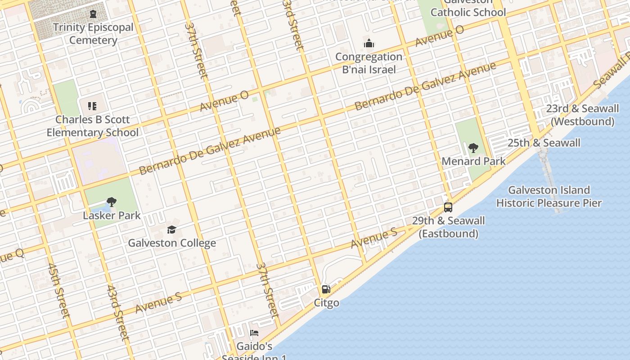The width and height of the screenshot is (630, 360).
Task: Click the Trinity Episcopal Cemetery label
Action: coord(93,34)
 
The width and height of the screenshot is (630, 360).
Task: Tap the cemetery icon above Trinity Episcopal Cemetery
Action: coord(93,14)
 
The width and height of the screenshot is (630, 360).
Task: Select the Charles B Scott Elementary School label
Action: coord(93,126)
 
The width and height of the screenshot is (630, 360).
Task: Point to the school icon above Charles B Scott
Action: coord(92,106)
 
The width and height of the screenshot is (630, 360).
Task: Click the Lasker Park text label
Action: coord(112,216)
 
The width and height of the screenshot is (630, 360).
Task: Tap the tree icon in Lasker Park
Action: coord(111,202)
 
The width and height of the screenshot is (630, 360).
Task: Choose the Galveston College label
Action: coord(172,243)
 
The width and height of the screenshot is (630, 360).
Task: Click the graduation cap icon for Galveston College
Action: coord(171,230)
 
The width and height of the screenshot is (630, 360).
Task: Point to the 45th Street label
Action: coord(58,290)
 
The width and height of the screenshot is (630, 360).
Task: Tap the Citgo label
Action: coord(326,303)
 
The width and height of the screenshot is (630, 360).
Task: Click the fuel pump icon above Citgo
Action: coord(326,289)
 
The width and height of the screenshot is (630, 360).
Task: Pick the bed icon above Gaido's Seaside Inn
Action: coord(254,333)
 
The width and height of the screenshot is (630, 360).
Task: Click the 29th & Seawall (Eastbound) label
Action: coord(449,227)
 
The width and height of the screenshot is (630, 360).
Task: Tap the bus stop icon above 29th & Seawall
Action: coord(448,207)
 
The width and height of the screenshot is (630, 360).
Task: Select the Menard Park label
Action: coord(473,161)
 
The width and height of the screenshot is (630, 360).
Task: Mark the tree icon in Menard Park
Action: coord(473,148)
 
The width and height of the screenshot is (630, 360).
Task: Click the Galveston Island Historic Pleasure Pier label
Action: coord(549,197)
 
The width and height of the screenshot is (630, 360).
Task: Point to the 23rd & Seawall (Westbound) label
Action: coord(582,115)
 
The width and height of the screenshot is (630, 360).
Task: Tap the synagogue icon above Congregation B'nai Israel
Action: coord(369,44)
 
